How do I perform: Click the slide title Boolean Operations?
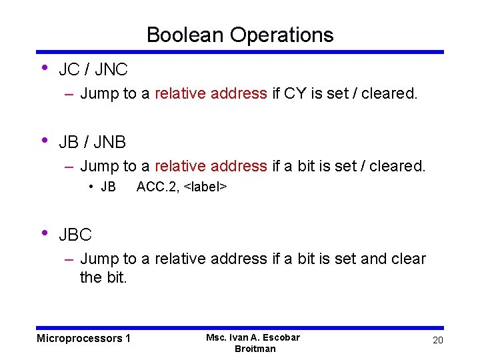[240, 35]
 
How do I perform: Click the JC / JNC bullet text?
[93, 69]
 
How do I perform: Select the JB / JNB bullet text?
[92, 142]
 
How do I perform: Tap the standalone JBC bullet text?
[75, 235]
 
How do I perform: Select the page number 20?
[437, 341]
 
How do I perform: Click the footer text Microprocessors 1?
[83, 339]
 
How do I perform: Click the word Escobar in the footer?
[280, 337]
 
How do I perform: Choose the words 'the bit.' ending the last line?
[103, 277]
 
